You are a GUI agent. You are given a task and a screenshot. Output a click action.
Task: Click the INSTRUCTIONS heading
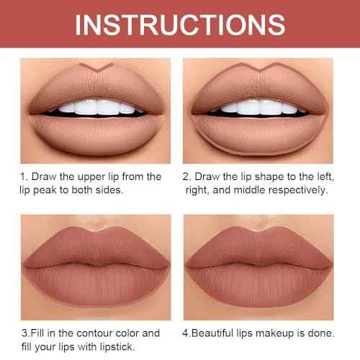coord(180,24)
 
